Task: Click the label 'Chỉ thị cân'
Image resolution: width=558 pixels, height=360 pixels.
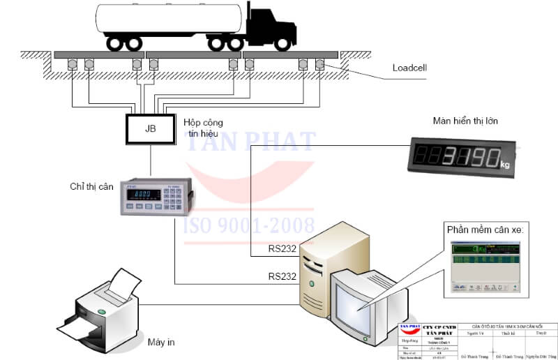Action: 90,186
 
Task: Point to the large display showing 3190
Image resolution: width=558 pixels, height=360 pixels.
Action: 460,156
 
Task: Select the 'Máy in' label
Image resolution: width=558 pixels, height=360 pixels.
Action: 160,342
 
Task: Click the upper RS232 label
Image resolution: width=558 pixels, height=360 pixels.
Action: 282,248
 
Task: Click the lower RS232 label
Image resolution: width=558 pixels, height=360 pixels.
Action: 282,276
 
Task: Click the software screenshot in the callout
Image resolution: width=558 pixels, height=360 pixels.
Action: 485,264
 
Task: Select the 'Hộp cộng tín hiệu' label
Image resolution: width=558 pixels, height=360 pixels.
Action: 202,127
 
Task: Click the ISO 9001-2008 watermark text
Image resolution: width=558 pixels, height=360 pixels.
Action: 248,225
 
